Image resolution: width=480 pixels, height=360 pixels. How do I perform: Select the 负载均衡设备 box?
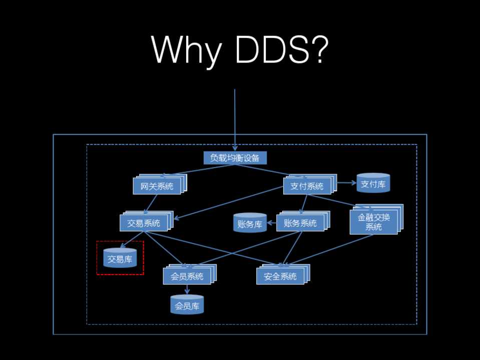click(235, 158)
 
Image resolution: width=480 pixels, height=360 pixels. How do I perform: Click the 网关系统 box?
click(157, 186)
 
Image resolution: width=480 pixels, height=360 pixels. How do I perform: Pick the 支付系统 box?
click(307, 186)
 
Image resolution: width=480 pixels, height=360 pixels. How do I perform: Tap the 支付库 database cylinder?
click(373, 183)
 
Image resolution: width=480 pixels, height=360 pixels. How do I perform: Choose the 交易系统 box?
click(144, 223)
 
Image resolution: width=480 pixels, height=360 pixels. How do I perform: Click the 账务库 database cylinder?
click(250, 223)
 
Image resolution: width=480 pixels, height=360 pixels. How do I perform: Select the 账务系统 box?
click(300, 223)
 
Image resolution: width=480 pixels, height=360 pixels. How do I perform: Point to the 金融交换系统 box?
click(373, 221)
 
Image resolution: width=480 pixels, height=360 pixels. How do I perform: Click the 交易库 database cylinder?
click(120, 258)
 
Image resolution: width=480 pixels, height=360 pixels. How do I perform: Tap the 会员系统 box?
click(187, 276)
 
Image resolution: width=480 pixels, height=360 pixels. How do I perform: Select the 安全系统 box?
click(280, 276)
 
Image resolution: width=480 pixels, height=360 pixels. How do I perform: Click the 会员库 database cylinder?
click(187, 305)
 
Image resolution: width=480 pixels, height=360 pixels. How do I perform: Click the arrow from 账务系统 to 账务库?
click(271, 223)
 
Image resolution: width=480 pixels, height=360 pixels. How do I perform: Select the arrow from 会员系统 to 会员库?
click(187, 289)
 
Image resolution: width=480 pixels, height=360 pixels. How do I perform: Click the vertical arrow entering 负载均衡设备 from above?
click(235, 120)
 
